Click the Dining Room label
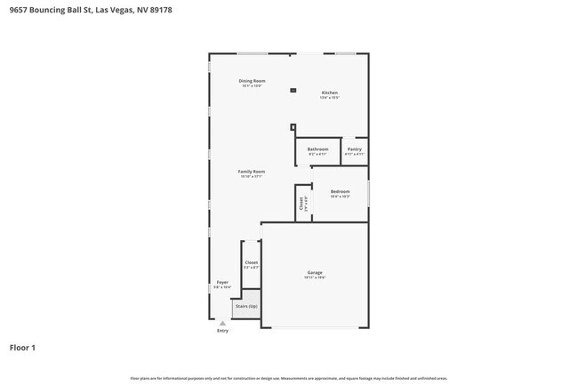tap(252, 81)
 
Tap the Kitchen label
tap(329, 92)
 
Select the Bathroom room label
tap(317, 149)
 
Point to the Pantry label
tap(354, 149)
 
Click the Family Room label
tap(251, 171)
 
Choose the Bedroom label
tap(340, 191)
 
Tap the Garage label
tap(315, 272)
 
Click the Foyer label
tap(222, 282)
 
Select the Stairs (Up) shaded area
tap(246, 307)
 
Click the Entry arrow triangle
tap(222, 323)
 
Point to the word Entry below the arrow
tap(222, 331)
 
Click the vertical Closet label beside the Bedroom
tap(302, 202)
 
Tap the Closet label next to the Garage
tap(251, 262)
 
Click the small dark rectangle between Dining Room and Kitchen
tap(293, 89)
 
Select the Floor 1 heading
tap(23, 347)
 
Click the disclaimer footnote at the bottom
tap(289, 378)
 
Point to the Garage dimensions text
tap(315, 277)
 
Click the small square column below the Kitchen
tap(293, 126)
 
